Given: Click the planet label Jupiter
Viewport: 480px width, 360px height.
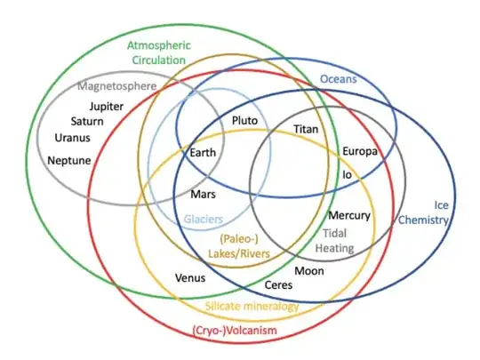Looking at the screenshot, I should [x=106, y=107].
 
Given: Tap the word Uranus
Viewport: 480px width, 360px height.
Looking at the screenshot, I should [x=72, y=138].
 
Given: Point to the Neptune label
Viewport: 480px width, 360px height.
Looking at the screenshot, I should [x=68, y=161].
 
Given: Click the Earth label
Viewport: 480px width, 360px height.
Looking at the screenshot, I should [x=203, y=153].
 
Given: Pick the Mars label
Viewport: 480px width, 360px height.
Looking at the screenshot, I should [x=204, y=193].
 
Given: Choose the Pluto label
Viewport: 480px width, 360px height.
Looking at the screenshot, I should [x=244, y=120].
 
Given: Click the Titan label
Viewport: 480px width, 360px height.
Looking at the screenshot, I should [x=307, y=130].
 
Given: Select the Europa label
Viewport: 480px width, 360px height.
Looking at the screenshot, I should [x=360, y=151].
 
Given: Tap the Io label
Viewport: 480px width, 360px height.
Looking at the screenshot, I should [x=348, y=174].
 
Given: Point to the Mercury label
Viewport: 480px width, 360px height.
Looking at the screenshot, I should [x=349, y=216].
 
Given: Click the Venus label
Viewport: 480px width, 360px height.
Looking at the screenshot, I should [x=190, y=278].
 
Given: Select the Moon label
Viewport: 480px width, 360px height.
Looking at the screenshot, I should [x=309, y=271].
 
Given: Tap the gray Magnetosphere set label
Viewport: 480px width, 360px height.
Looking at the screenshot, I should [x=117, y=87].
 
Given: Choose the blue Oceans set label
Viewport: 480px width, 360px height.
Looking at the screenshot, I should [x=338, y=80].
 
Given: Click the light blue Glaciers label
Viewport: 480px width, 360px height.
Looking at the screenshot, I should [x=203, y=219].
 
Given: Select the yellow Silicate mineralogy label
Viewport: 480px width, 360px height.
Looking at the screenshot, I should [x=252, y=306].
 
